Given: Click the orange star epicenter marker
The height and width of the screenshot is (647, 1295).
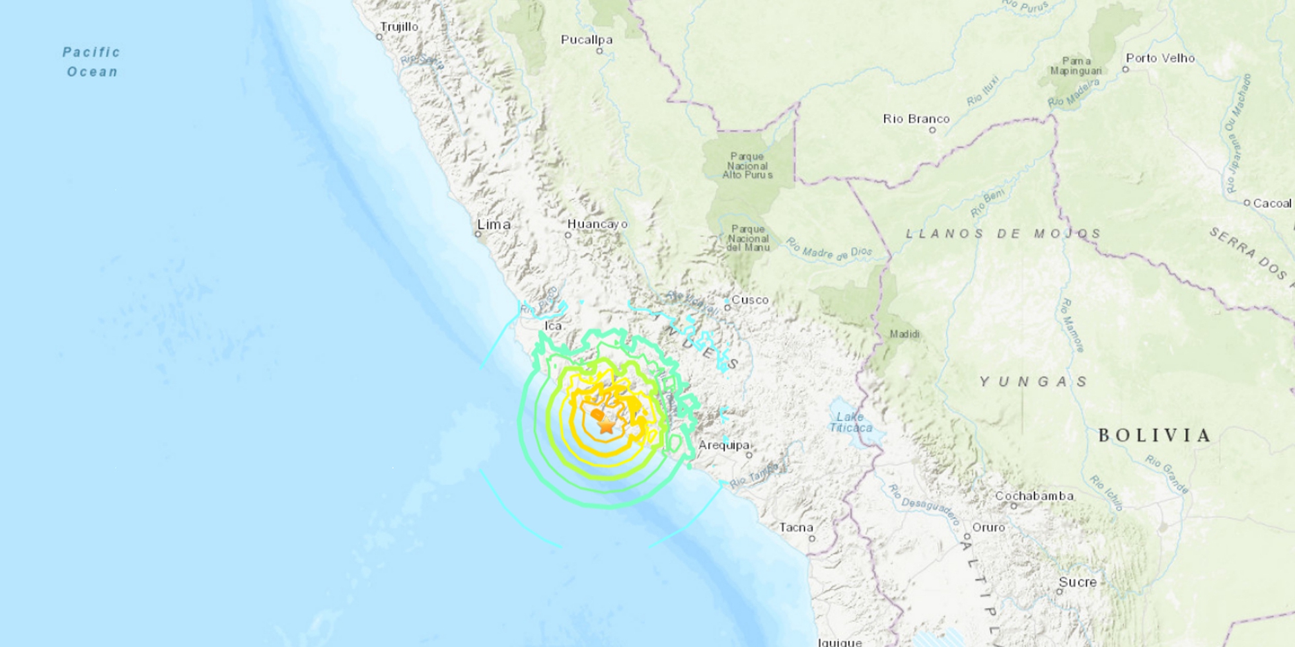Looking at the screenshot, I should [x=606, y=425].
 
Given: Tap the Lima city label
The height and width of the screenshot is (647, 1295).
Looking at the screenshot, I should [x=494, y=224].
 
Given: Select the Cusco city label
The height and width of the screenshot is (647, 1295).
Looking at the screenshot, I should [x=750, y=300].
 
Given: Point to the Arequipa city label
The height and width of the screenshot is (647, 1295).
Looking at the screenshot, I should [x=724, y=445].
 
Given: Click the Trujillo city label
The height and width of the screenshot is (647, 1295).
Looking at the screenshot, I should [x=399, y=27].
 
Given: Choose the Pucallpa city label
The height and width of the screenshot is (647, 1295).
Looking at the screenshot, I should [x=587, y=40].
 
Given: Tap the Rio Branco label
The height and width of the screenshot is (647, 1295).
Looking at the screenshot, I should [x=916, y=119].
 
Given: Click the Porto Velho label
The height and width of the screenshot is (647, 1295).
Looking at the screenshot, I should [x=1160, y=58].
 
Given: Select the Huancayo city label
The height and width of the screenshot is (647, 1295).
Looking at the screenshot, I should [x=597, y=224].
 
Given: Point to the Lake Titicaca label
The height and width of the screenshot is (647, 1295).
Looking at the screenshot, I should [x=850, y=422].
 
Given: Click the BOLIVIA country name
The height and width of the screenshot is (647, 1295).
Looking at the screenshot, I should [x=1154, y=435].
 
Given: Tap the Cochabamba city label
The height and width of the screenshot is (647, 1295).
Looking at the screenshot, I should [x=1034, y=496].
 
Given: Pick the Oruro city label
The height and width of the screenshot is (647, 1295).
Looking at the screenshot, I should [x=988, y=527].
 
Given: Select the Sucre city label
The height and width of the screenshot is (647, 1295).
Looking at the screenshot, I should [x=1078, y=582].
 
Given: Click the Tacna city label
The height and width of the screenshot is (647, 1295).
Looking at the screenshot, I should [x=796, y=527].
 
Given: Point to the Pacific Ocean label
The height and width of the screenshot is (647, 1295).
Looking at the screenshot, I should [x=92, y=61].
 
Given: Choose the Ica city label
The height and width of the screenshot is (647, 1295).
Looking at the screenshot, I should [x=552, y=326].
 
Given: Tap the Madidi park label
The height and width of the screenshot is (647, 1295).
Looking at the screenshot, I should [x=905, y=334].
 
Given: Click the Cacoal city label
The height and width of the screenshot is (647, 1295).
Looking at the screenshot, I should [x=1272, y=203].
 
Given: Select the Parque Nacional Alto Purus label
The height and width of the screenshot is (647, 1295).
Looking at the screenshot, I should [x=747, y=166].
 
